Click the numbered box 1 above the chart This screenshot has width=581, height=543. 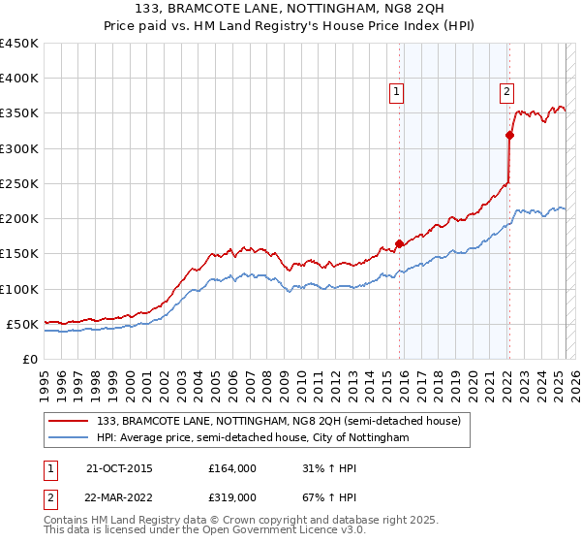[397, 92]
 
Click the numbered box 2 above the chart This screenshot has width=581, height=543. [506, 92]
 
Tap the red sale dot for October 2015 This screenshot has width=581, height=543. [399, 243]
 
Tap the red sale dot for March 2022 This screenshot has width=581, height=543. [509, 135]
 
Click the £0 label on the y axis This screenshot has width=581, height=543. [29, 359]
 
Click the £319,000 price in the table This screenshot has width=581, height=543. [232, 496]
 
